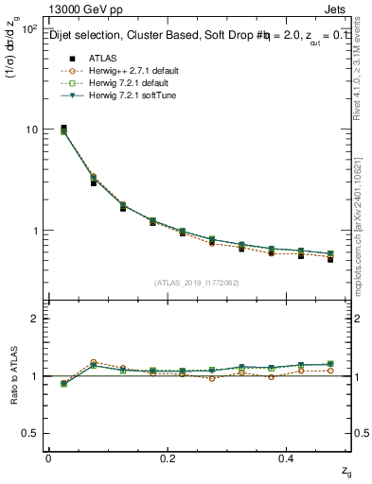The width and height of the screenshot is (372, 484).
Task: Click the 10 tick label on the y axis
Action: coord(32,130)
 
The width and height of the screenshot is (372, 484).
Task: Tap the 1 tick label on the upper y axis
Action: coord(35,231)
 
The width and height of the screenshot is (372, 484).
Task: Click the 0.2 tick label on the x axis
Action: coord(168,458)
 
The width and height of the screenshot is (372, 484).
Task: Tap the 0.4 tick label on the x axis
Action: coord(287,458)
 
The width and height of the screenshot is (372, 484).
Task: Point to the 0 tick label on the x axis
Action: coord(48,458)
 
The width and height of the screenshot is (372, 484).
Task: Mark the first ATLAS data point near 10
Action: coord(63,128)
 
